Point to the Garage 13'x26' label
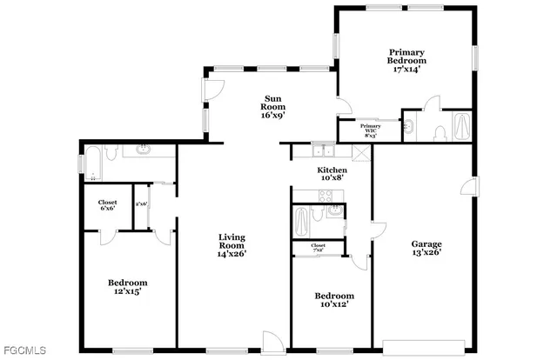(x=426, y=250)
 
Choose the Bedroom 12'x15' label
(x=127, y=288)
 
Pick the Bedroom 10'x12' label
(x=333, y=301)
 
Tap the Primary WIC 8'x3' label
(x=370, y=131)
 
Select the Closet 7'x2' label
(x=319, y=248)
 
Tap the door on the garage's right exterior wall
(x=471, y=185)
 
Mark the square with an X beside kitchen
(x=361, y=150)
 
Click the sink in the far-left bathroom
(x=143, y=152)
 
